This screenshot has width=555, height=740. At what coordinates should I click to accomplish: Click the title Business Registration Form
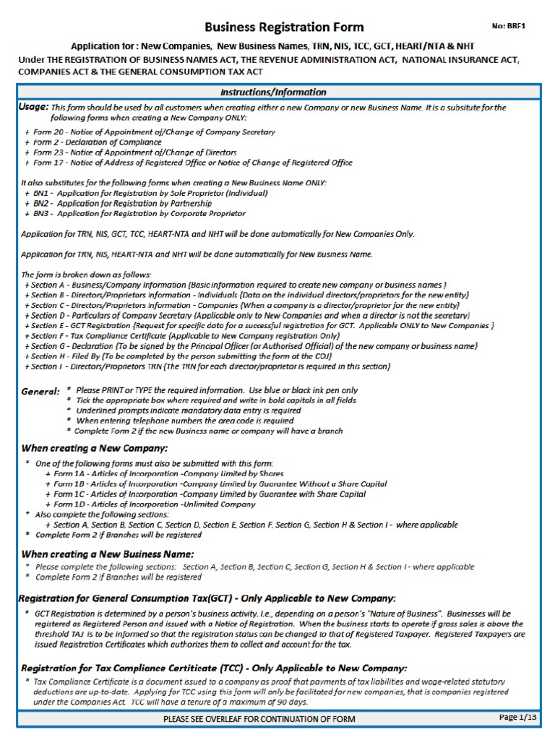(285, 27)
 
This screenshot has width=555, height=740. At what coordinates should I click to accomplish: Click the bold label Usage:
(34, 106)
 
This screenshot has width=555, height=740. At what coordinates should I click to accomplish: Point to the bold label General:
(40, 391)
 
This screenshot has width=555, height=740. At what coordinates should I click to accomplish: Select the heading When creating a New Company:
(95, 448)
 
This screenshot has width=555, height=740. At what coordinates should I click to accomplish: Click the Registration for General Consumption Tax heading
(208, 598)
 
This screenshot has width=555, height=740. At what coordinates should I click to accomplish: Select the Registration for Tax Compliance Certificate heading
(214, 668)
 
